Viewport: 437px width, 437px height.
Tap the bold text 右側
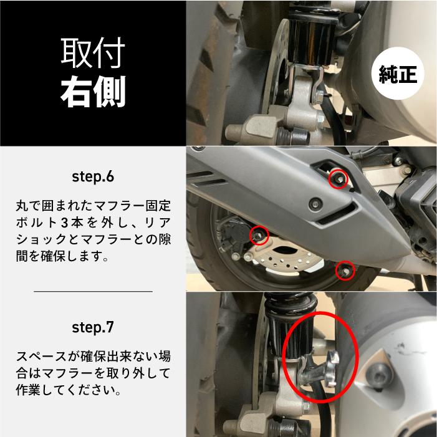pos(93,92)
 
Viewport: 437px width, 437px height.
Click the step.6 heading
pos(93,176)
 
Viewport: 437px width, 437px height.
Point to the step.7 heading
pos(93,327)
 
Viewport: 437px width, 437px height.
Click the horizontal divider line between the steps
pos(93,291)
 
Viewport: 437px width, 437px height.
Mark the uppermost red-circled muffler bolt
pos(337,178)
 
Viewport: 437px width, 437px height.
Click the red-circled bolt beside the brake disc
pos(259,234)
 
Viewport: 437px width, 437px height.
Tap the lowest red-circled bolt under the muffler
pos(344,270)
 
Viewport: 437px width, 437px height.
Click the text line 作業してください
pos(68,391)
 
